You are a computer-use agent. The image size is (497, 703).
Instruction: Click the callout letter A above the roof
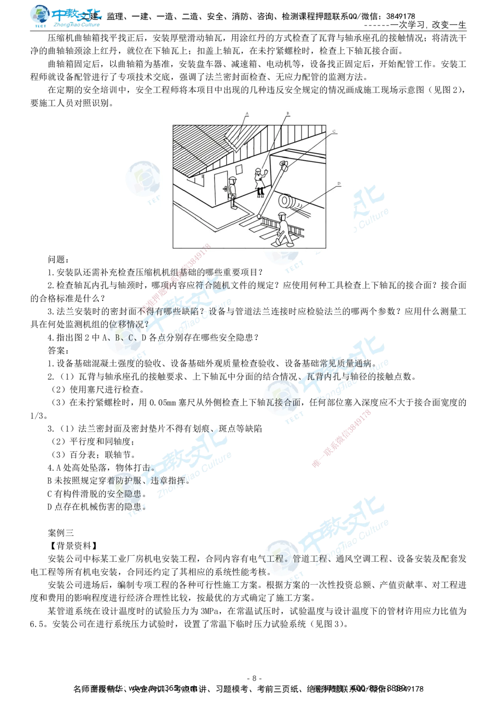coord(247,114)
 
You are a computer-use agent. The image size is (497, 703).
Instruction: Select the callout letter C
coord(334,131)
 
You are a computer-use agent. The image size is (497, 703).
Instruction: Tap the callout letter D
coord(339,183)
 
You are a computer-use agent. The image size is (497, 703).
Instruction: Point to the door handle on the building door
coord(225,189)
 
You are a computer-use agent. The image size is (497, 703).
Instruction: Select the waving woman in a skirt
coord(260,182)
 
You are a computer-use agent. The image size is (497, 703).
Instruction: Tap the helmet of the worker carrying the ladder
coord(282,214)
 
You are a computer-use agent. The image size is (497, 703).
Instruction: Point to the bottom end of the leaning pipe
coord(259,215)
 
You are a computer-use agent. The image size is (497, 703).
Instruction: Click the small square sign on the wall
coord(239,169)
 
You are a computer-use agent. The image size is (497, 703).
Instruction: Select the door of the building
coord(221,188)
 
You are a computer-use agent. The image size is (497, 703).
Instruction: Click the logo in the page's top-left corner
coord(65,15)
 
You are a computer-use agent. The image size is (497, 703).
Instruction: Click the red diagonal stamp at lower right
coord(341,438)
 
